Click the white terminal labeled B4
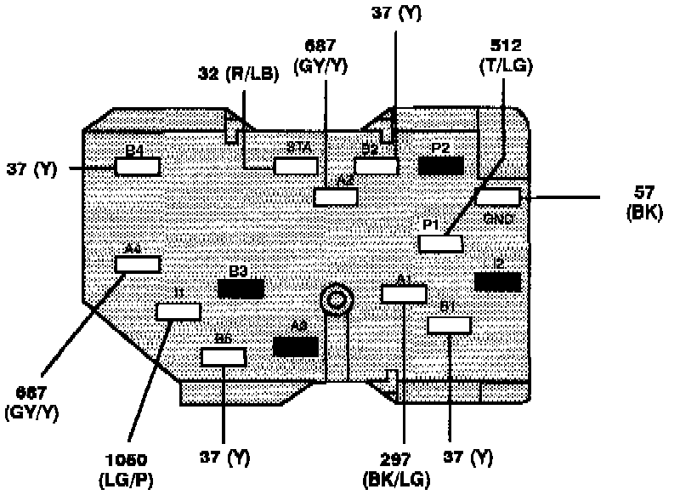click(138, 167)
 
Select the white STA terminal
click(296, 166)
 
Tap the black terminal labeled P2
click(440, 166)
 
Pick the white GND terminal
click(497, 197)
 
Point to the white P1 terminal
click(441, 244)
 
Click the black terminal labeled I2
click(497, 282)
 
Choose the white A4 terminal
click(138, 264)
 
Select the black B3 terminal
click(241, 288)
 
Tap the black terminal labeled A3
click(295, 346)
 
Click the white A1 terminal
click(404, 294)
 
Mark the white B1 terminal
click(449, 325)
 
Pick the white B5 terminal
click(223, 356)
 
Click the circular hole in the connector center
click(337, 299)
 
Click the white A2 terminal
click(335, 197)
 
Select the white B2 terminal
click(377, 166)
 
